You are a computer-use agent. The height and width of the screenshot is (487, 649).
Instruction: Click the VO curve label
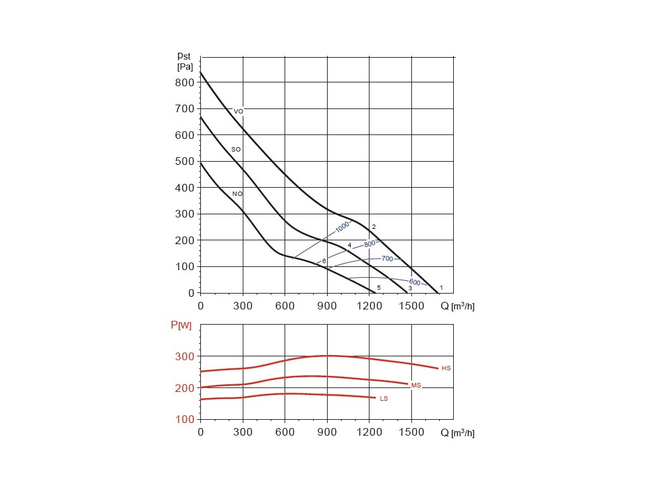(238, 112)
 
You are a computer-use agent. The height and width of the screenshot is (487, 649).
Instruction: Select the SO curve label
(236, 150)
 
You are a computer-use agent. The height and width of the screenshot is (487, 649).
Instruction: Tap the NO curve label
(237, 194)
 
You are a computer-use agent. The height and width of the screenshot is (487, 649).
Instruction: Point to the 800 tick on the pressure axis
(185, 82)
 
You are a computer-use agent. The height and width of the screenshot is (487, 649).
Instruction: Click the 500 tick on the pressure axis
(185, 161)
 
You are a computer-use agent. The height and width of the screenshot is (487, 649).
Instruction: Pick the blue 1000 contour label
(342, 227)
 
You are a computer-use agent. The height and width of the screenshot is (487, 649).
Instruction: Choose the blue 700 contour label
(387, 259)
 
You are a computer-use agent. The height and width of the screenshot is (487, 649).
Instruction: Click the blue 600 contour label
(414, 282)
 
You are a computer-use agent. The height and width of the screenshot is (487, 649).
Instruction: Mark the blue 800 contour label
(370, 243)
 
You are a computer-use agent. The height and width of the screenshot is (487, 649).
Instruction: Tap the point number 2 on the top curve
(374, 227)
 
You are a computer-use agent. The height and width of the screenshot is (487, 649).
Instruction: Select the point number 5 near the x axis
(378, 288)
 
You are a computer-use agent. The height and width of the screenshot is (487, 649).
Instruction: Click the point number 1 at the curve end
(441, 288)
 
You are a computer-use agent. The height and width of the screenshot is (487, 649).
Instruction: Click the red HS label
(446, 368)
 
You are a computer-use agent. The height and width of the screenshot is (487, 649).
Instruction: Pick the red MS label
(416, 386)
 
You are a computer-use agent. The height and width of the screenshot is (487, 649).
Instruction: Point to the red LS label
(383, 399)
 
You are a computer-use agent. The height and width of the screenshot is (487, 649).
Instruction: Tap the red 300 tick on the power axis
(185, 356)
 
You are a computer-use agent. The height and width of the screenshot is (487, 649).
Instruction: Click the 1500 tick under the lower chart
(411, 432)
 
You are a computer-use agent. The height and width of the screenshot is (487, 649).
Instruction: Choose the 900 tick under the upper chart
(327, 306)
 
